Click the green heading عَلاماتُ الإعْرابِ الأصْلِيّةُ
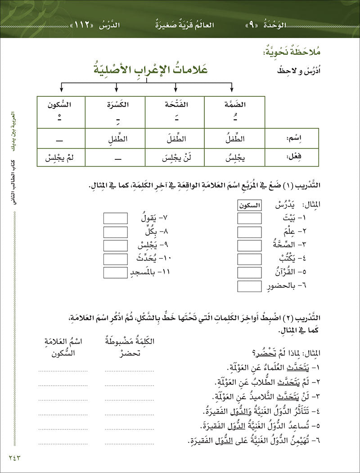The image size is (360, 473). click(146, 71)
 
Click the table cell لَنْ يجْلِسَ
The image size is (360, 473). click(175, 158)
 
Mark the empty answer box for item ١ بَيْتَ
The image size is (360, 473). click(249, 219)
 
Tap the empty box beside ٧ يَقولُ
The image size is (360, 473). click(116, 219)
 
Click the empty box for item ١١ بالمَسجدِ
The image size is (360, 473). click(116, 273)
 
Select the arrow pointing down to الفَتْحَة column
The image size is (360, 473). click(174, 88)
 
